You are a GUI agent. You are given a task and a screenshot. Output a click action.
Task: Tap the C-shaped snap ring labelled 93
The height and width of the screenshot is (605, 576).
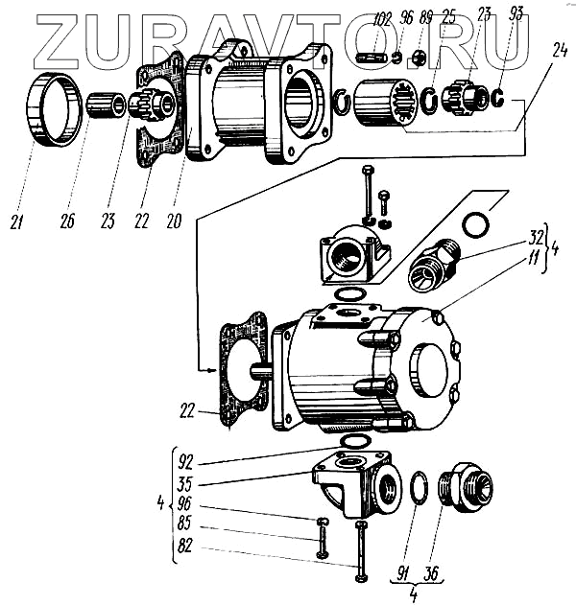coord(500,97)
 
